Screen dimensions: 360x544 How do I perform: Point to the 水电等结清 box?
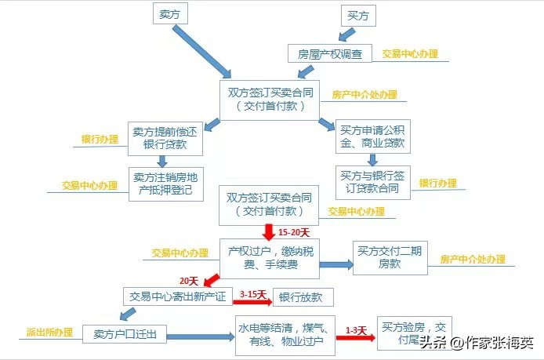pos(285,335)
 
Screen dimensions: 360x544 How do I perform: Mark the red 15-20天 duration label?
pos(295,232)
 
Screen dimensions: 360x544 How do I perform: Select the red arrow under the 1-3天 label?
pos(355,338)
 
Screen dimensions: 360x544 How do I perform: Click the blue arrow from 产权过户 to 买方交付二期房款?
pos(335,265)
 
